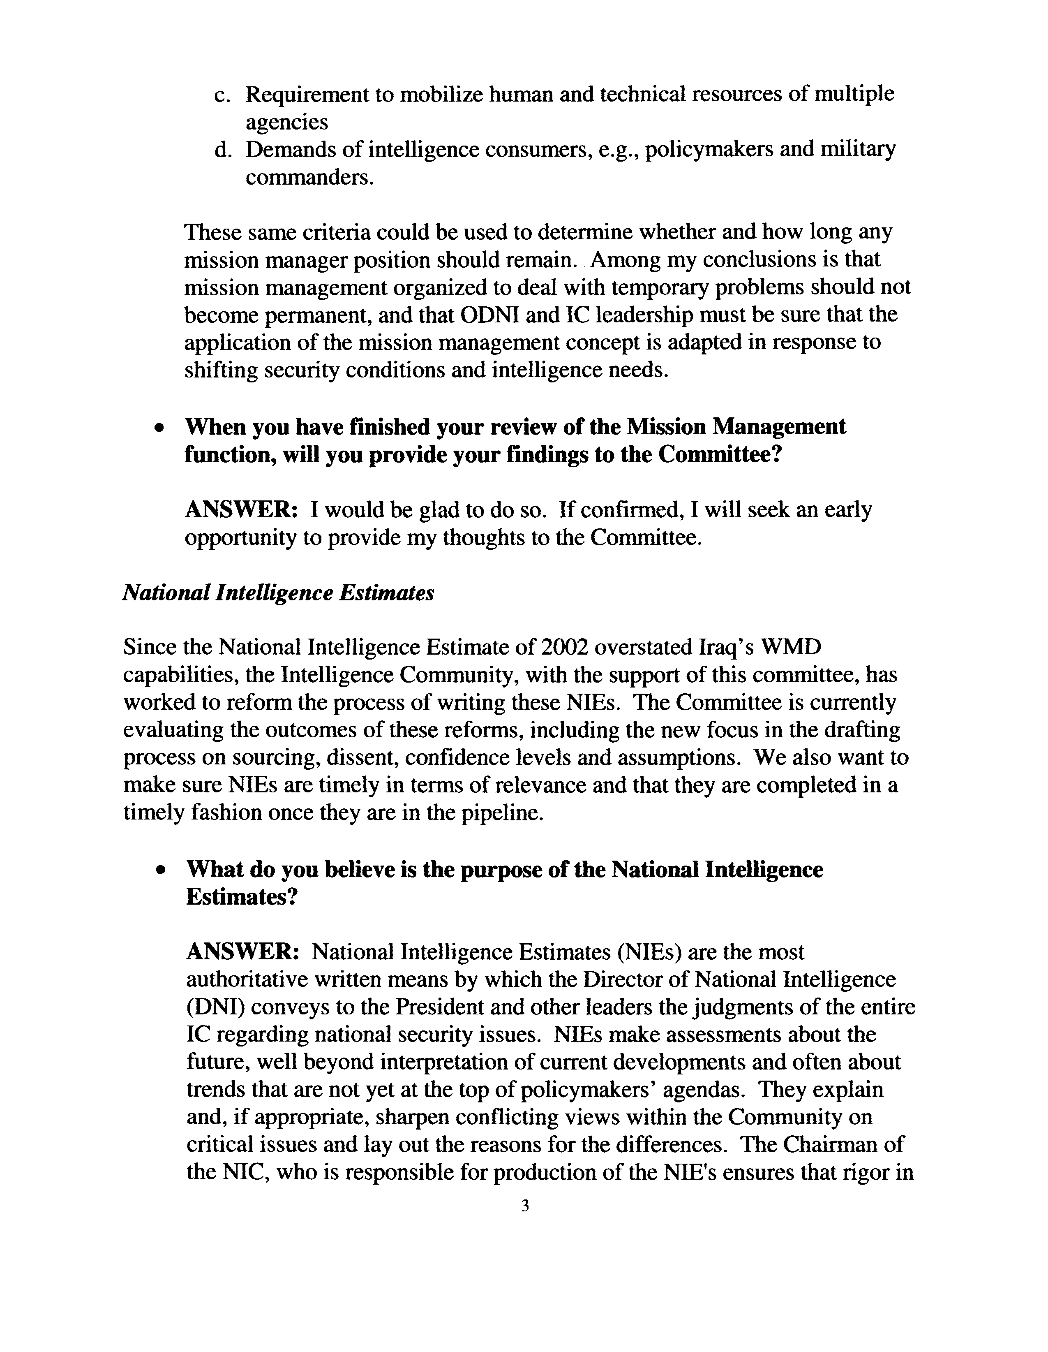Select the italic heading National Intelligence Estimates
coord(278,593)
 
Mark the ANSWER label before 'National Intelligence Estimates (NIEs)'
coord(243,951)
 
